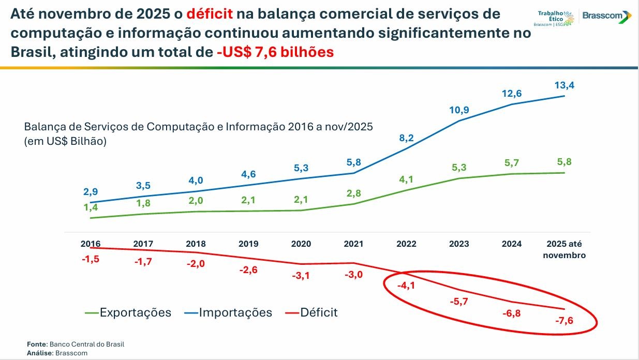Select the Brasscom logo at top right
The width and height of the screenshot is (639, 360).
[606, 17]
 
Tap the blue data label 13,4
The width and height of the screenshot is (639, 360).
[564, 85]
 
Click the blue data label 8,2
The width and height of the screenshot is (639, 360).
[406, 138]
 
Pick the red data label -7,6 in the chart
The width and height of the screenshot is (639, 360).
[563, 322]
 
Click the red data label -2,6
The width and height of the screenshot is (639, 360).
[248, 269]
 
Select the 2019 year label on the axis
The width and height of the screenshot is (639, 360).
[248, 244]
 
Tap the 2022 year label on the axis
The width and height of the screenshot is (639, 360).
[406, 244]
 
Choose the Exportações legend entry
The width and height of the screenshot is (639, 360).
[128, 312]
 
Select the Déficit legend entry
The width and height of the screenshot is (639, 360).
[311, 312]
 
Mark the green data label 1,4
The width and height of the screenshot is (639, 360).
[91, 207]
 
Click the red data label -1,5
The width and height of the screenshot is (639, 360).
[91, 259]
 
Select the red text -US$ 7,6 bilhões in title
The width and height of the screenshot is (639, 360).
[275, 52]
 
